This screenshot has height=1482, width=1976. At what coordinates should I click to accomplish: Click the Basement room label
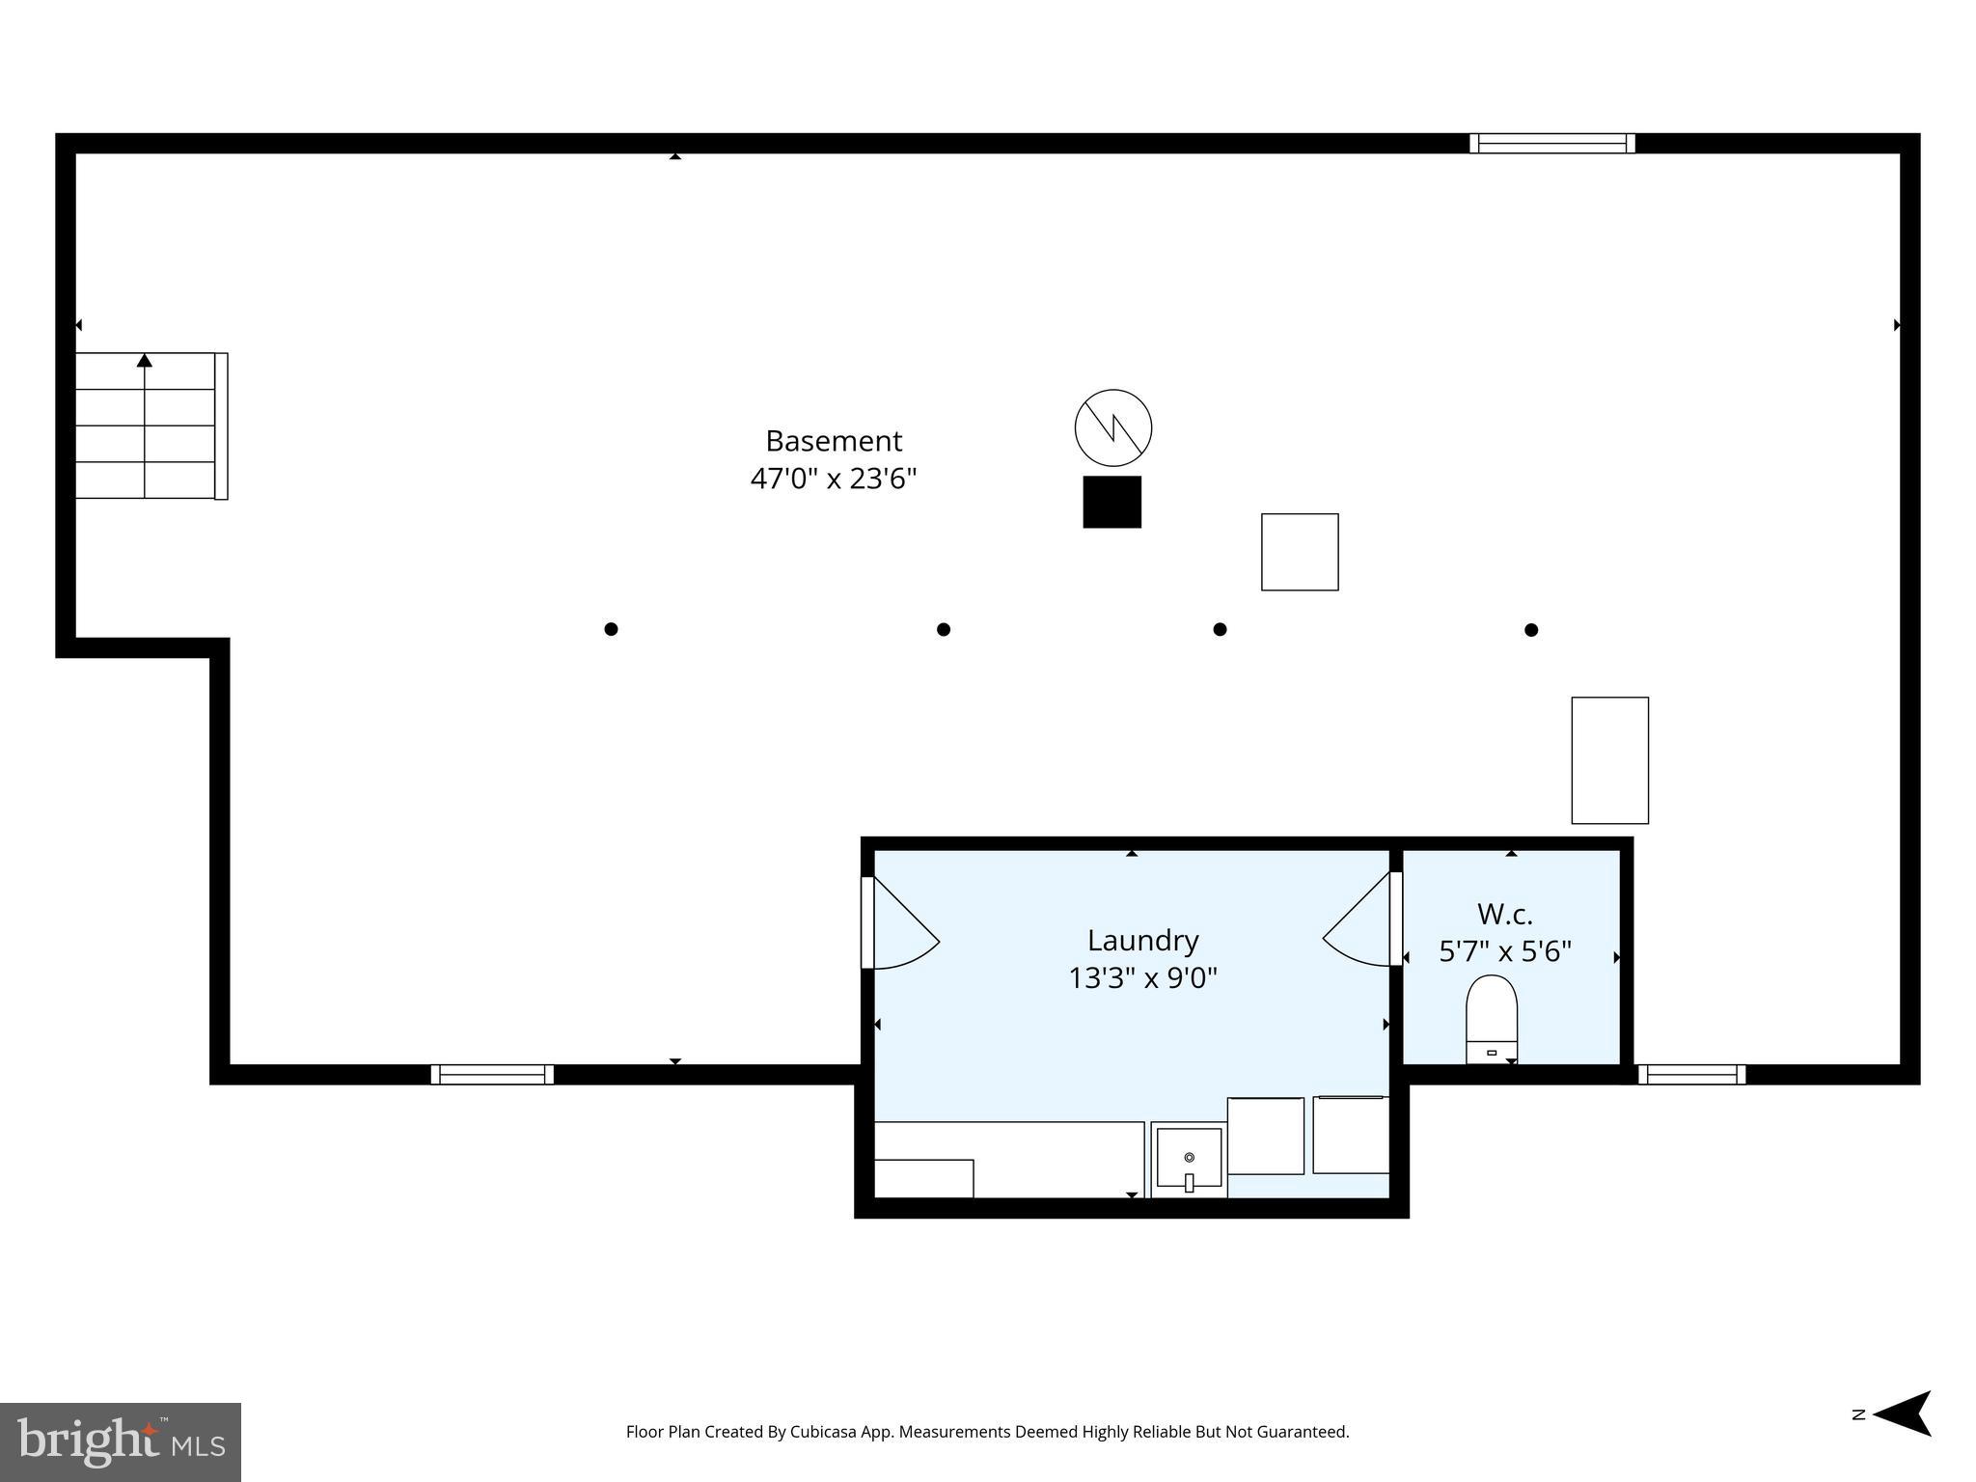coord(834,441)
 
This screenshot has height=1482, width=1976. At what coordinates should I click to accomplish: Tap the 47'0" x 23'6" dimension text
coord(834,479)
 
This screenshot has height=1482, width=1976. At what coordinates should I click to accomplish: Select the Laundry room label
coord(1142,940)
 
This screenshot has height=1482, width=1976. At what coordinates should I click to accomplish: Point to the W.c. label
coord(1504,914)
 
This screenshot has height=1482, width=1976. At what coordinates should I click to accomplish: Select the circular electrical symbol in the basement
coord(1113,427)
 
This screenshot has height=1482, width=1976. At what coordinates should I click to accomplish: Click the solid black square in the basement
coord(1111,502)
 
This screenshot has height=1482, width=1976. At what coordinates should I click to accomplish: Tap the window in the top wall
coord(1551,144)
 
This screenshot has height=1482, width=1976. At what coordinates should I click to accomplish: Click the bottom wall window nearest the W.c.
coord(1691,1074)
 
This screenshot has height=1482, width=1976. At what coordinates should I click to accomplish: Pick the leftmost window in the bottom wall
coord(492,1074)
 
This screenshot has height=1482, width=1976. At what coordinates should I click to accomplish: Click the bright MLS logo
coord(121,1442)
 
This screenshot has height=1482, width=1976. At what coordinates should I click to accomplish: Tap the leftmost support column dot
coord(611,629)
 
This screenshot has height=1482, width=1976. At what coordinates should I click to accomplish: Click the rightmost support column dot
coord(1531,630)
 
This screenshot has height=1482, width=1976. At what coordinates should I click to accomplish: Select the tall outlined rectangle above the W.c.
coord(1609,760)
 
